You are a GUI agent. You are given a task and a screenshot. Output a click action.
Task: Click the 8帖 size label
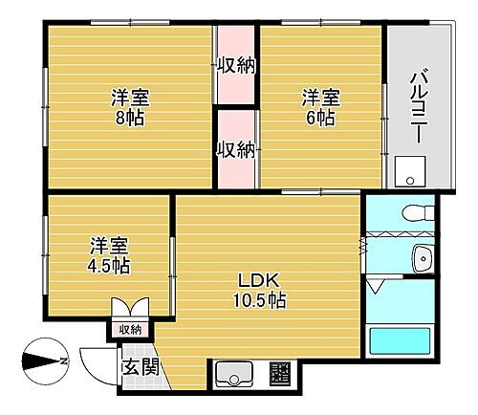tap(130, 118)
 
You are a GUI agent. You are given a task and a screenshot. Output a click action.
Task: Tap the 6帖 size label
tap(320, 118)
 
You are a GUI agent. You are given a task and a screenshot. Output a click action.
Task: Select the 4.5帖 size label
tap(111, 265)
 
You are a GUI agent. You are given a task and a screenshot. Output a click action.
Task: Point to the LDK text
tap(258, 280)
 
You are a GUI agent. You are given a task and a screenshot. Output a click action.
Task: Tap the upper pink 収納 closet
tap(235, 66)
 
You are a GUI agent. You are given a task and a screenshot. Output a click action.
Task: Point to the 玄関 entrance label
tap(139, 366)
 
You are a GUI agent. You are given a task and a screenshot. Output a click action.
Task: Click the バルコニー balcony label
tap(418, 101)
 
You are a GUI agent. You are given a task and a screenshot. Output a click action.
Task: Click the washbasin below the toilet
tap(421, 256)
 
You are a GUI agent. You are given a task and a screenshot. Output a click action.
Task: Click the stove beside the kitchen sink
tap(280, 372)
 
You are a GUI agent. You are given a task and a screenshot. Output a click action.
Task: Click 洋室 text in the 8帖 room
tap(130, 97)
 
